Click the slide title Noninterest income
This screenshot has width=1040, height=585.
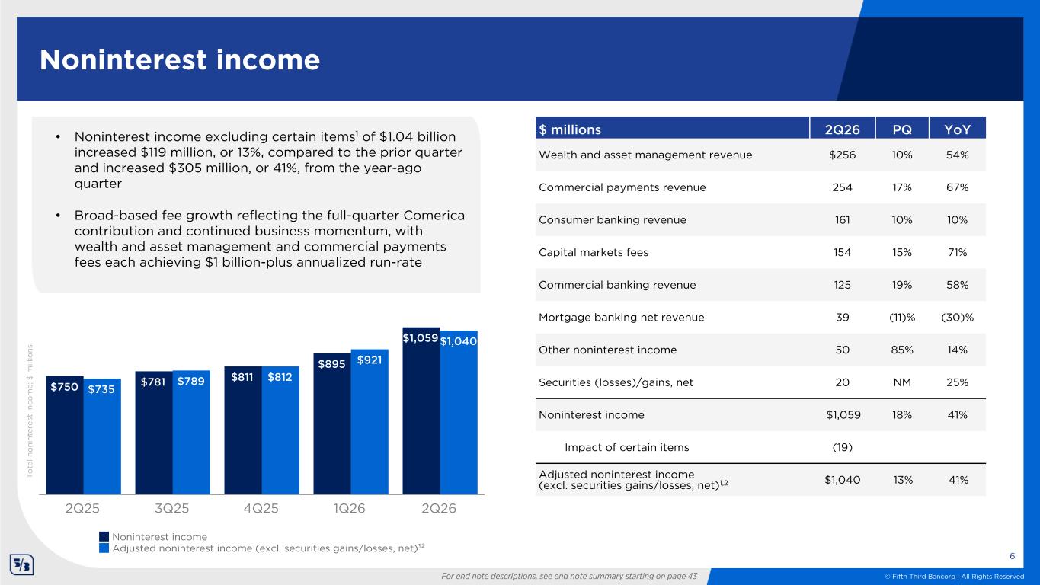point(180,60)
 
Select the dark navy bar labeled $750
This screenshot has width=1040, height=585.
point(65,435)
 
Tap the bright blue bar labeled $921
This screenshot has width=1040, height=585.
point(370,421)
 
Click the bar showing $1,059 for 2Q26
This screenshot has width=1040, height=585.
point(421,411)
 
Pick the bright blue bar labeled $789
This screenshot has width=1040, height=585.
point(191,432)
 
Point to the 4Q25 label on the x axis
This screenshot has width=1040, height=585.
point(261,508)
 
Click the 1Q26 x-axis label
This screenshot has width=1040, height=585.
point(349,508)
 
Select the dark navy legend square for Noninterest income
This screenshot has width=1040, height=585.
point(104,537)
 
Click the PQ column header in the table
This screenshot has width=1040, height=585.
point(902,129)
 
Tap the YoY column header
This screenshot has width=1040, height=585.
point(958,129)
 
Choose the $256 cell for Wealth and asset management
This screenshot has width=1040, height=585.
point(842,155)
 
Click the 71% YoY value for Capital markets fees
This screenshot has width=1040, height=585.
point(958,252)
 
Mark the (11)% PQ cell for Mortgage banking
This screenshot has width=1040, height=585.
point(902,317)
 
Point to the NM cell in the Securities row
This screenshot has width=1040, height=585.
point(902,382)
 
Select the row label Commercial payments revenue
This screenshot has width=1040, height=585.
point(622,187)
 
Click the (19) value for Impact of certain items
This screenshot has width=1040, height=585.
point(842,447)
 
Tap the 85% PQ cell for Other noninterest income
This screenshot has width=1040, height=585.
point(902,350)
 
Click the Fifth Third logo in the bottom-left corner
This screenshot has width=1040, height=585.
point(22,564)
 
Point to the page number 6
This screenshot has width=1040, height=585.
point(1012,556)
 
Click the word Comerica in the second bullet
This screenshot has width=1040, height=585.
point(434,216)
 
